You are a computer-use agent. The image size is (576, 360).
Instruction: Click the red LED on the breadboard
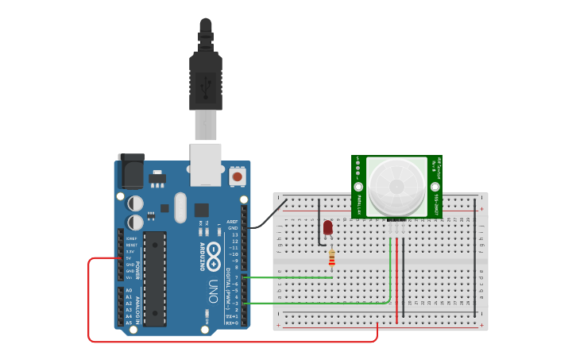[x=328, y=229]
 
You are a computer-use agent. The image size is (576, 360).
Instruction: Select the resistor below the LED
[x=331, y=257]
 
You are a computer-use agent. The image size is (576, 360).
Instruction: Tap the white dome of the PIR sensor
[x=396, y=185]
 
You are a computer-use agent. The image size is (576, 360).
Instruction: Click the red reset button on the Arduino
[x=237, y=176]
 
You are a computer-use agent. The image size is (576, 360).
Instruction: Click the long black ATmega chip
[x=155, y=278]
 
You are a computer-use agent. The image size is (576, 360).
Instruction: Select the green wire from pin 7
[x=290, y=277]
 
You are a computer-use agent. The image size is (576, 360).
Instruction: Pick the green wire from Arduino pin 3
[x=318, y=304]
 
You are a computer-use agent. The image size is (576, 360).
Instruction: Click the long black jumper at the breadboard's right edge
[x=475, y=254]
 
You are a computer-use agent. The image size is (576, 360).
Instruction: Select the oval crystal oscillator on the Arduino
[x=180, y=207]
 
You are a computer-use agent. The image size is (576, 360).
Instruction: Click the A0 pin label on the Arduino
[x=129, y=291]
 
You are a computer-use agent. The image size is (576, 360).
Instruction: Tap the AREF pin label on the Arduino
[x=232, y=222]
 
